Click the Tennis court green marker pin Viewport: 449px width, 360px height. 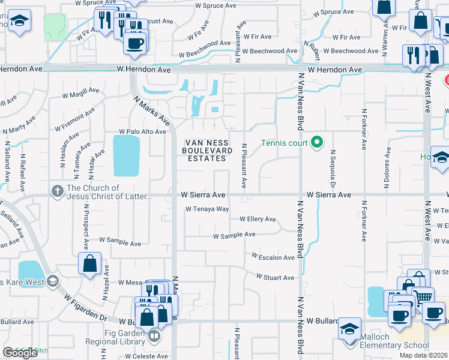[x=318, y=143]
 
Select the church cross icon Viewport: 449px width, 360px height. [x=58, y=191]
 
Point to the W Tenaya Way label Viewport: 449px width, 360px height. [x=207, y=209]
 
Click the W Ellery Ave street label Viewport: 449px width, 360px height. [x=258, y=220]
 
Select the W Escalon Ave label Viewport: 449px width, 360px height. [x=273, y=257]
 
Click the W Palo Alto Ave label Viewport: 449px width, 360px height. [x=142, y=131]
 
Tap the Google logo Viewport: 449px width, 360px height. [x=20, y=353]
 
